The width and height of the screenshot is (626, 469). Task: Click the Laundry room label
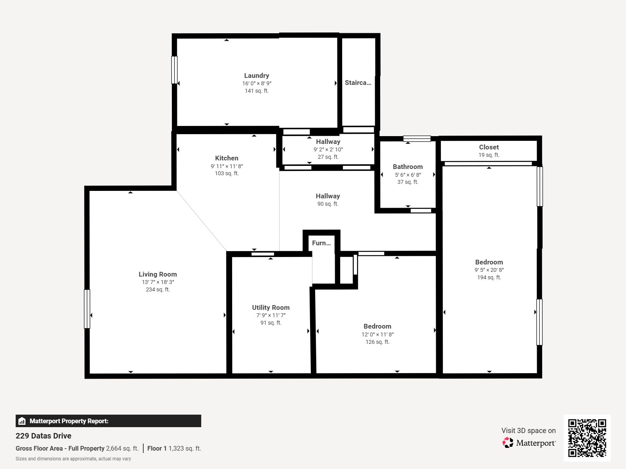pos(256,75)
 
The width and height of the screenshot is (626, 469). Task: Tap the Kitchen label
pos(226,158)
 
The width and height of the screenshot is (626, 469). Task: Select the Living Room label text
pos(158,274)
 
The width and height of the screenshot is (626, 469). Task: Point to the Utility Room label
pos(271,307)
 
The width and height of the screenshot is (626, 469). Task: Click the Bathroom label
pos(408,167)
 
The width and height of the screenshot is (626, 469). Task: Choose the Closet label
pos(489,147)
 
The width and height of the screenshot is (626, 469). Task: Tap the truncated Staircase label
pos(358,83)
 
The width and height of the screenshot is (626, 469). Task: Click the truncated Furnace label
pos(321,243)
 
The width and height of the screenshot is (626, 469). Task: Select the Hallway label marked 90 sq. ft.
pos(328,196)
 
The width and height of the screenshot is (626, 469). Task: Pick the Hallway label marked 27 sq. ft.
pos(328,142)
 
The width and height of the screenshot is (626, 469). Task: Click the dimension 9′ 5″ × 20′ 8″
pos(489,270)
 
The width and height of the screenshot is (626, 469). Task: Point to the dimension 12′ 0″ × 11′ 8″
pos(377,334)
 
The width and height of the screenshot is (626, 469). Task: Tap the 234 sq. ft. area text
pos(158,289)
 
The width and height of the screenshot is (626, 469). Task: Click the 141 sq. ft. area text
pos(257,91)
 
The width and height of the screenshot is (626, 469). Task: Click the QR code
pos(587,438)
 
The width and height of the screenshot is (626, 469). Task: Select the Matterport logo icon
pos(508,442)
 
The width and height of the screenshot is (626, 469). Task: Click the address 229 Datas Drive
pos(43,436)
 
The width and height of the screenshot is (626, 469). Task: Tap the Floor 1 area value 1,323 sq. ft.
pos(185,449)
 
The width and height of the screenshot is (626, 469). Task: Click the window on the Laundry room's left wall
pos(174,70)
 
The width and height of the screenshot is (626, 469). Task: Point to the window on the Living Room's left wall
pos(87,309)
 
